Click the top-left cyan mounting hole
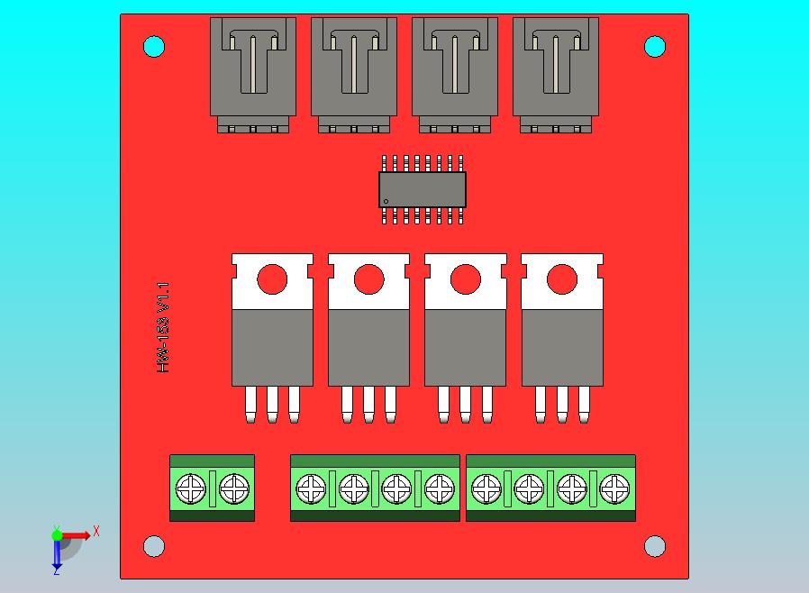[154, 46]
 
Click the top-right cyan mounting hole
[655, 46]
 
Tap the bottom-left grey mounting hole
[154, 546]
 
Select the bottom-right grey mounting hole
[655, 546]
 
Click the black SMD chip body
[422, 189]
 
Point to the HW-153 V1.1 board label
[163, 328]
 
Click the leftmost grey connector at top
[253, 72]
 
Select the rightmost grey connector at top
[556, 72]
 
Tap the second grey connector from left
[354, 72]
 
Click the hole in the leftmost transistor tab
[272, 279]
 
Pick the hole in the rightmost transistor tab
[561, 279]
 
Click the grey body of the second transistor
[368, 347]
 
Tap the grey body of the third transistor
[465, 347]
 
